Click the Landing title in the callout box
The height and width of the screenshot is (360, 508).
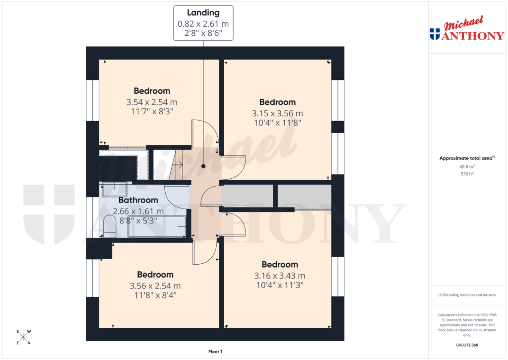203,13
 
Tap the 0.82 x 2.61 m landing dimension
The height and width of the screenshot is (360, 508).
203,24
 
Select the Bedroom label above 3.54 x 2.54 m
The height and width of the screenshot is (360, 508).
152,91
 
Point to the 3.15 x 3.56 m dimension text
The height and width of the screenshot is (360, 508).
278,113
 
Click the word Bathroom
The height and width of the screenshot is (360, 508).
138,200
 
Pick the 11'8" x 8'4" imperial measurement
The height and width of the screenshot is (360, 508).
155,294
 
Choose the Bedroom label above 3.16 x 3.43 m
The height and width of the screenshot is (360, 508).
280,265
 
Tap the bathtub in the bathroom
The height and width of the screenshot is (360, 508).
157,226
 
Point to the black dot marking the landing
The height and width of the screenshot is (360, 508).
203,167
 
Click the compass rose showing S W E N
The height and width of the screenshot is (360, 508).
23,337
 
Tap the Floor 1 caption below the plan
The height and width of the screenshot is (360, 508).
215,352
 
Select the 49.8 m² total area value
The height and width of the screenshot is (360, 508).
467,167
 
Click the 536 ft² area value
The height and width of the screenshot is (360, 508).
467,174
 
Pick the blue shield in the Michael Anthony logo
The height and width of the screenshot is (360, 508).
435,34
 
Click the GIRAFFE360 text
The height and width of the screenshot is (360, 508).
467,345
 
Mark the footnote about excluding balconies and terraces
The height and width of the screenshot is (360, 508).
467,294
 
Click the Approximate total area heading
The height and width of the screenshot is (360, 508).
466,158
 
